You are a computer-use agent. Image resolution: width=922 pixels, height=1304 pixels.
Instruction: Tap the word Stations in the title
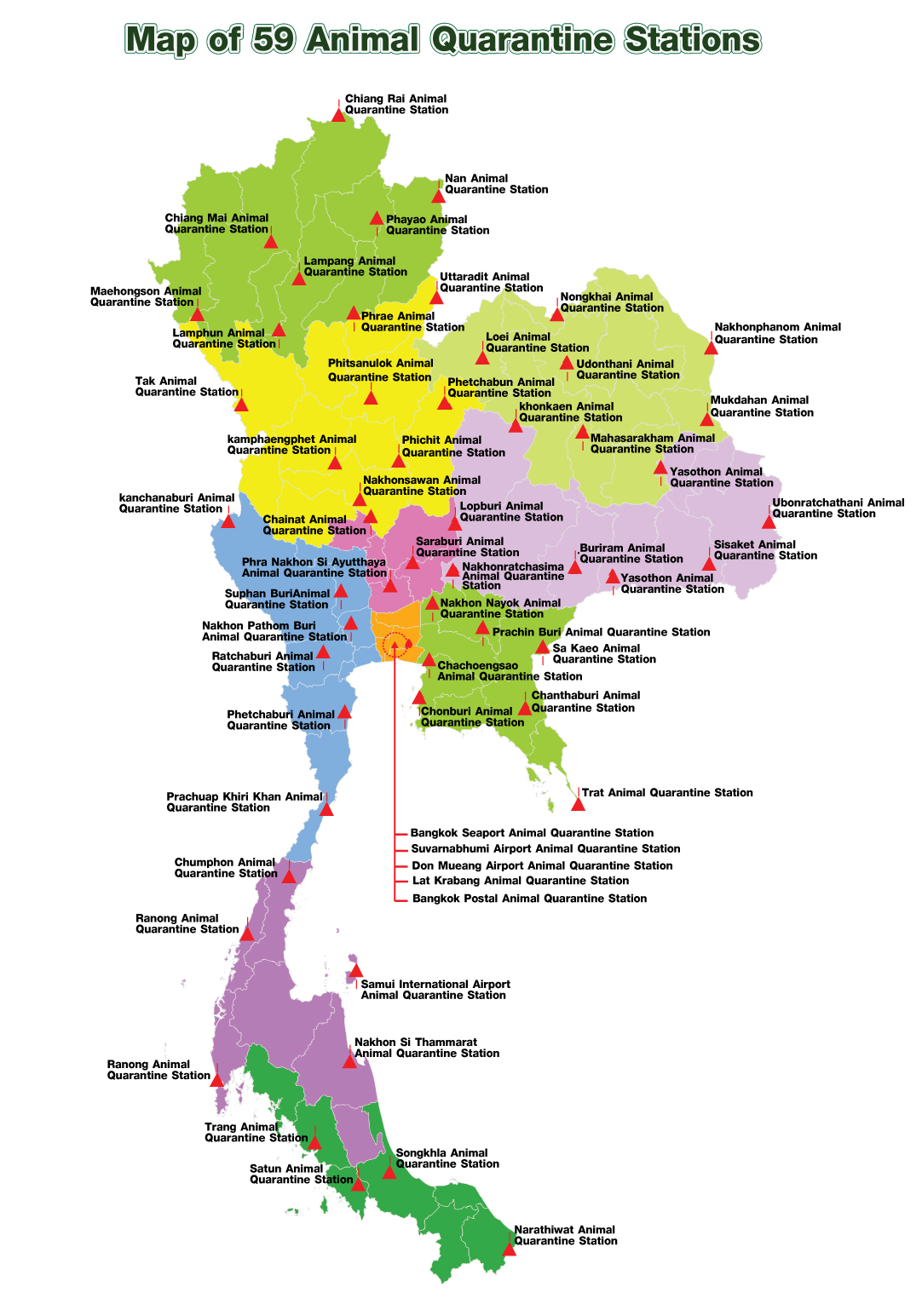(692, 39)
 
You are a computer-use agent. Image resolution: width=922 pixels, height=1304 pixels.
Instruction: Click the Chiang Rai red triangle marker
(338, 114)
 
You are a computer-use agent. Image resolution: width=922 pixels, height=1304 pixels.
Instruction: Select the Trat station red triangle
(578, 803)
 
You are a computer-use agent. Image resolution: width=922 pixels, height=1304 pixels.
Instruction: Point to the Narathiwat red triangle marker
(509, 1249)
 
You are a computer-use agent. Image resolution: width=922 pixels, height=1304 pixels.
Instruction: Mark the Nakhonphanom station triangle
(711, 348)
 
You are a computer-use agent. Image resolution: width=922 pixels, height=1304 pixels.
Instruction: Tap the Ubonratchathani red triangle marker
(769, 521)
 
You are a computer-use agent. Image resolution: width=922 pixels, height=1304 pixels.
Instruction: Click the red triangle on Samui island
(355, 970)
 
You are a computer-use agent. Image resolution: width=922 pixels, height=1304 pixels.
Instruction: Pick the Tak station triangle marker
(241, 405)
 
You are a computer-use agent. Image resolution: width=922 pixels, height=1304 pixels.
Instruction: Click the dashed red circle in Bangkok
(395, 646)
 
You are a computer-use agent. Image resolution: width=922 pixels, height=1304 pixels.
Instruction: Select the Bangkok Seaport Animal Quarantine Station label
(532, 833)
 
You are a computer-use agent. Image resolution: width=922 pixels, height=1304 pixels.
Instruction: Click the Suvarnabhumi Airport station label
(545, 848)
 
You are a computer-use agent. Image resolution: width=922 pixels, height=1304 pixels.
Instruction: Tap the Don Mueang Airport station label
(542, 865)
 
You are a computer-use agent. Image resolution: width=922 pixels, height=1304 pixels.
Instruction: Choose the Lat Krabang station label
(521, 881)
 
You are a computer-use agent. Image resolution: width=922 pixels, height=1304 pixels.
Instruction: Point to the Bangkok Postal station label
(529, 899)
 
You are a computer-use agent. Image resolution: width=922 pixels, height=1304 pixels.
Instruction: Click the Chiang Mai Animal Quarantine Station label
(216, 223)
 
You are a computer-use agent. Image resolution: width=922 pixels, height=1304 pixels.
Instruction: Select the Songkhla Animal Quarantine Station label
(447, 1158)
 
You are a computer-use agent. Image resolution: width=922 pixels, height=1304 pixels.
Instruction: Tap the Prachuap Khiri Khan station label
(244, 801)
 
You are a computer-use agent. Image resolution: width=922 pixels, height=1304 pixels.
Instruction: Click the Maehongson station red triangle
(197, 314)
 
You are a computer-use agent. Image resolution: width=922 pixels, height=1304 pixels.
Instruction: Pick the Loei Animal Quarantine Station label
(537, 342)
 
